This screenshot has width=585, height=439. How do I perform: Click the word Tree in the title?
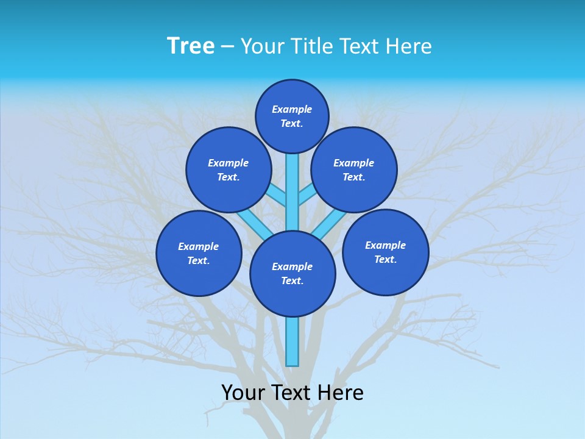191,46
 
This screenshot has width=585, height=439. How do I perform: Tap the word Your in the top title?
261,46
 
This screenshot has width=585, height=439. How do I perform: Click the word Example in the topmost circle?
292,109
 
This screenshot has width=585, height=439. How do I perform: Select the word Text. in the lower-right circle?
385,259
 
